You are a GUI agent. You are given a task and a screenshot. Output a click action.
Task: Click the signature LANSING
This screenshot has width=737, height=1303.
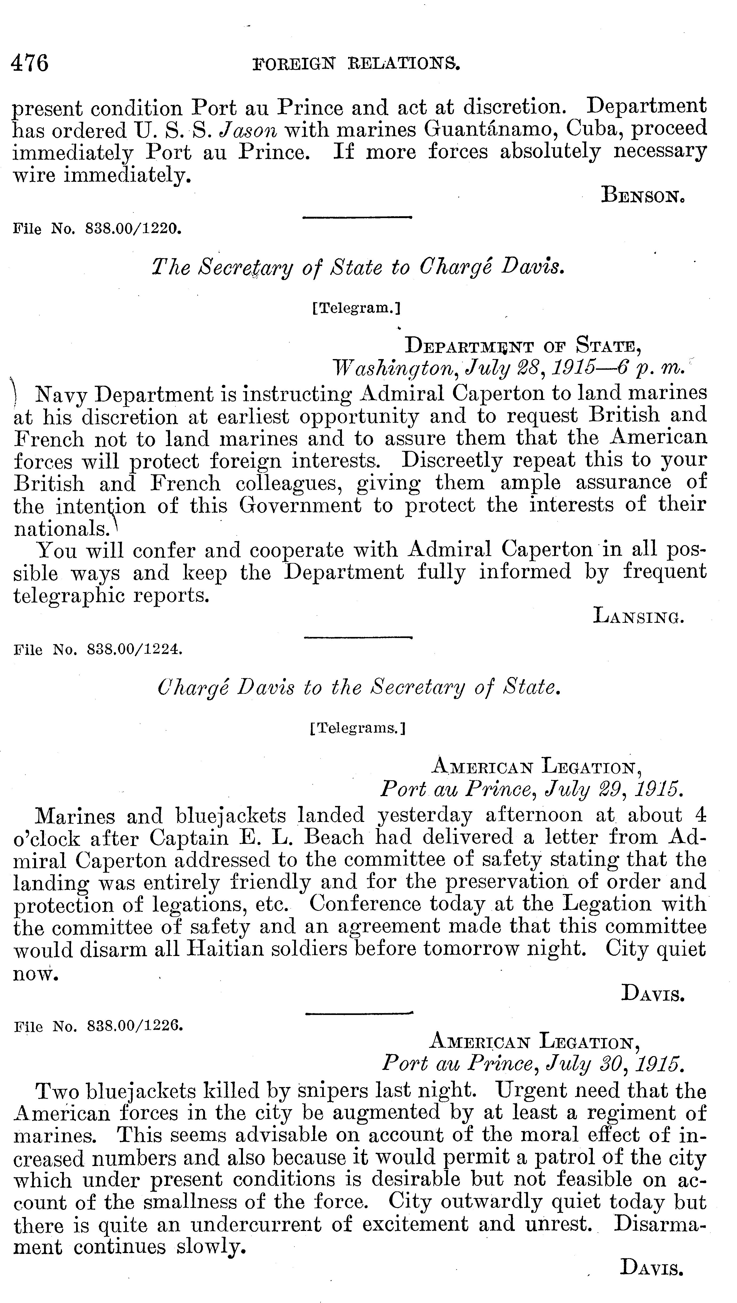(x=639, y=617)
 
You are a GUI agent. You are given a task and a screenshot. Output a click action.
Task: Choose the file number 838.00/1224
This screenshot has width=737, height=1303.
(x=134, y=649)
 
